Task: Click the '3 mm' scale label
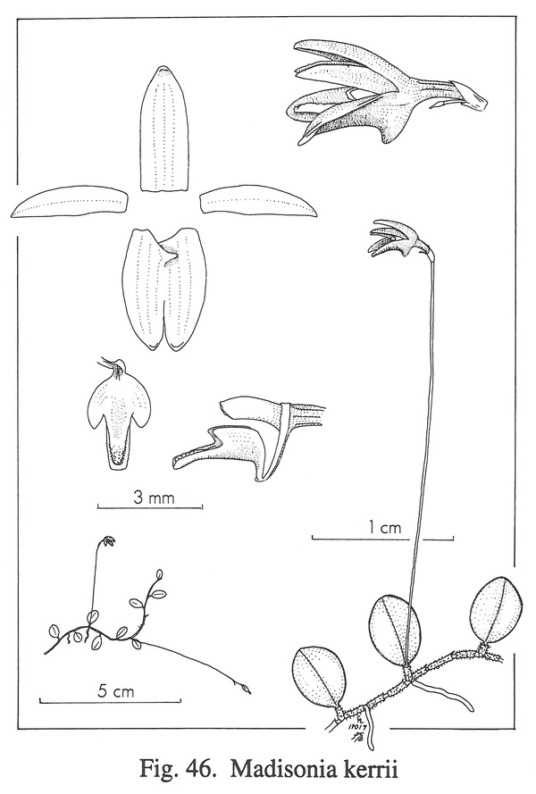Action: [x=153, y=497]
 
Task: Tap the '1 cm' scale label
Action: [x=383, y=528]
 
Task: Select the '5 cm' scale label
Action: [x=116, y=691]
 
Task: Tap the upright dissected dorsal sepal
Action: [x=164, y=130]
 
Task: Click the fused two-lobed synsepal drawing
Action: [x=164, y=288]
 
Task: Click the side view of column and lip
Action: [x=248, y=438]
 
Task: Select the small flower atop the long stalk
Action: [x=400, y=238]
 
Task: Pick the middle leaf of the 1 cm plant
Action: [x=396, y=630]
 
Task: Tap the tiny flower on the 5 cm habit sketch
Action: [x=108, y=541]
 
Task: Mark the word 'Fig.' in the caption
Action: [x=160, y=770]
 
